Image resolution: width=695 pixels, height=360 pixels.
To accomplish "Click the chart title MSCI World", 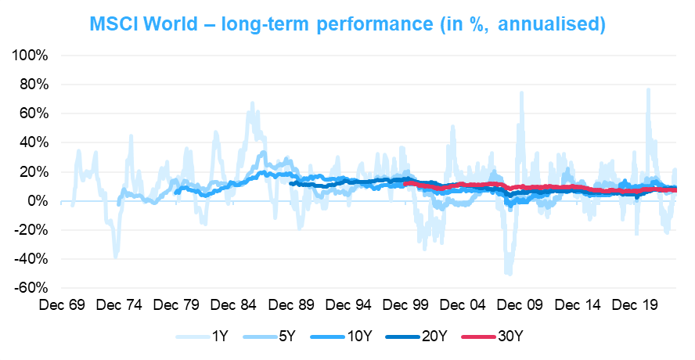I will (x=347, y=24).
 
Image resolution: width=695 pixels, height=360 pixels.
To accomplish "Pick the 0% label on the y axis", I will (x=38, y=201).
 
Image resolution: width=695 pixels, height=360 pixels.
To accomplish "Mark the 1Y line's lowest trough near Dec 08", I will (x=509, y=274).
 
